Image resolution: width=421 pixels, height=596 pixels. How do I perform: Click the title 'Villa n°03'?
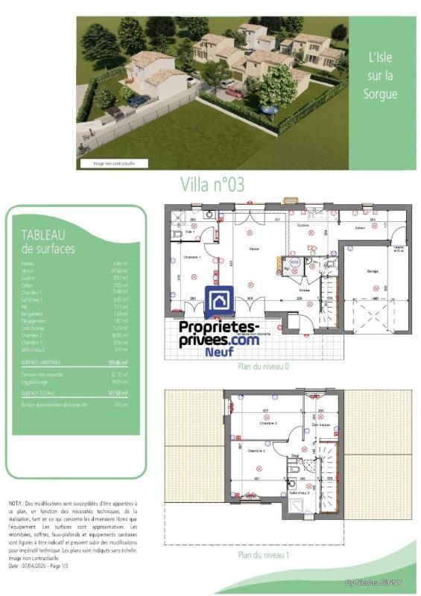(x=212, y=184)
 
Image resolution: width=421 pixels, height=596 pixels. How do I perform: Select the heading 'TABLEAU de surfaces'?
(x=48, y=241)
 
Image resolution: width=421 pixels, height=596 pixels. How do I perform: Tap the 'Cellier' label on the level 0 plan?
(x=360, y=228)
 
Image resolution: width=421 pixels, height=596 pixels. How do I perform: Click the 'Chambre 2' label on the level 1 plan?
(x=257, y=451)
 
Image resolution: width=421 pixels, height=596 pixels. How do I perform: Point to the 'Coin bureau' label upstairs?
(x=321, y=425)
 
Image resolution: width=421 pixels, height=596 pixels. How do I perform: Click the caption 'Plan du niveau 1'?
(x=263, y=555)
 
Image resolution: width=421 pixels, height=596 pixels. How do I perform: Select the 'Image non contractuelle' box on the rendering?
(x=113, y=163)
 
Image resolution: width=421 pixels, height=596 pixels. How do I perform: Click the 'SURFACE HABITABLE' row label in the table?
(x=40, y=362)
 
